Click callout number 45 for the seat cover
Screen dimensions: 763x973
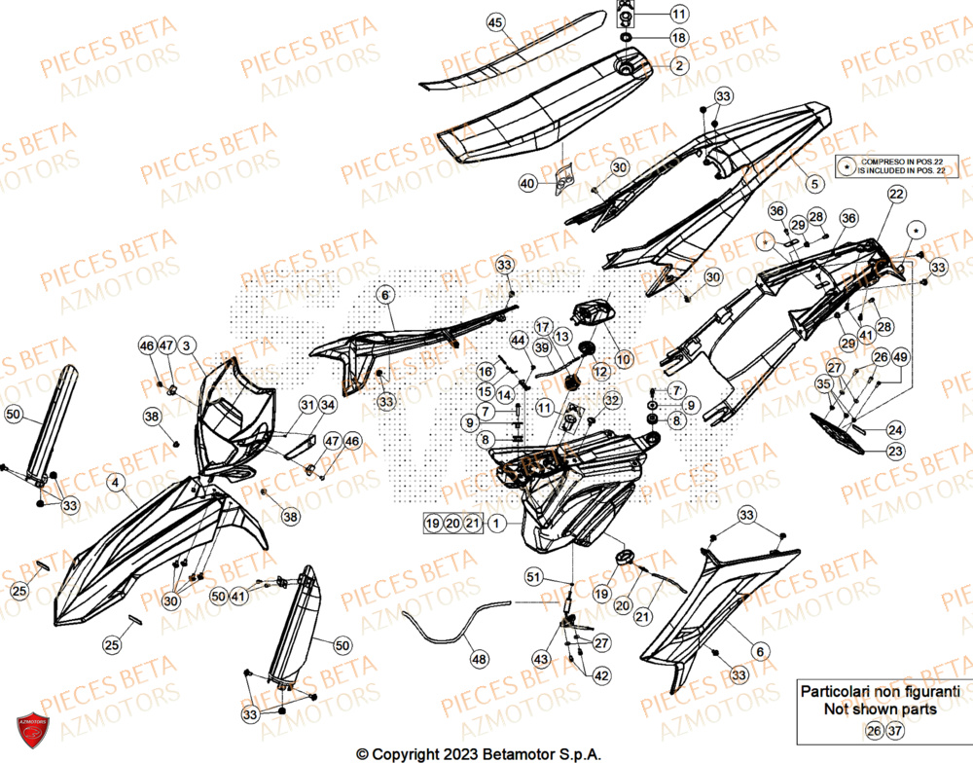point(495,22)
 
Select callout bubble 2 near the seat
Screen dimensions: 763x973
point(678,65)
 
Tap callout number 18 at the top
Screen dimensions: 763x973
point(678,38)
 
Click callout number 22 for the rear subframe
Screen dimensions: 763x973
point(895,195)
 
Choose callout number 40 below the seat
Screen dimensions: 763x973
point(527,182)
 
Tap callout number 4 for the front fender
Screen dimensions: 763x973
point(115,481)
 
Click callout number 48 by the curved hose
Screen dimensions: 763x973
point(479,658)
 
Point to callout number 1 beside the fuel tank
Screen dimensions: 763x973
point(496,524)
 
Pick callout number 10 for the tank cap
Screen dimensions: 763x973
point(623,359)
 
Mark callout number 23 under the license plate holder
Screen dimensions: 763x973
point(894,451)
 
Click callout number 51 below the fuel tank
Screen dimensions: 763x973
point(531,577)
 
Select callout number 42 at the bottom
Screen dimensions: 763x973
point(602,675)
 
